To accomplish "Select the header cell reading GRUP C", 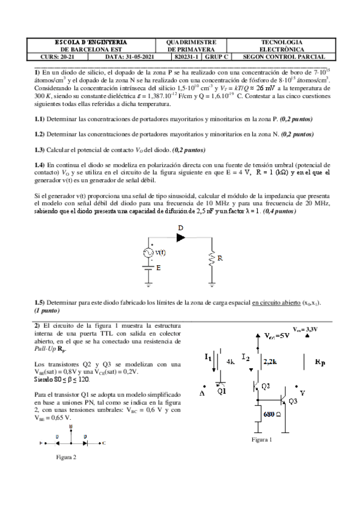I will (216, 57).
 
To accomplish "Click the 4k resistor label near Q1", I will (230, 362).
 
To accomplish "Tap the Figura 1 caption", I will (263, 440).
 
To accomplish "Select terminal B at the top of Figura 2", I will (71, 426).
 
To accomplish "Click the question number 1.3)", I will (39, 149).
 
